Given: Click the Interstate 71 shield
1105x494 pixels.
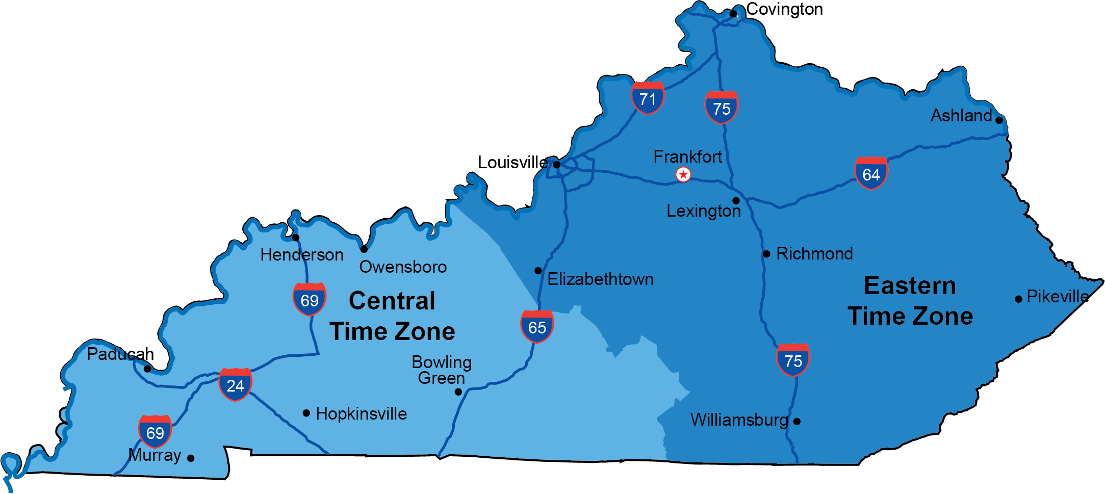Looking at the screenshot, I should tap(648, 98).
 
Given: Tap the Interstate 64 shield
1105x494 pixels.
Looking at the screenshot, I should tap(871, 173).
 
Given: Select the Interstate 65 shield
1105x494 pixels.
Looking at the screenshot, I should tap(537, 326).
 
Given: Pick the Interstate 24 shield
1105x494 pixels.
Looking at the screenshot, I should tap(235, 384).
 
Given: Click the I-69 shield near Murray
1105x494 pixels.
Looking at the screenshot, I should tap(155, 432).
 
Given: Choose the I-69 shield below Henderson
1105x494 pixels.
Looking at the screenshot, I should tap(310, 299).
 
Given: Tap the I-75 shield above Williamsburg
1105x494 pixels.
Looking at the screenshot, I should tap(793, 360).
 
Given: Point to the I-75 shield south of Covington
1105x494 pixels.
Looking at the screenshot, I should tap(722, 108).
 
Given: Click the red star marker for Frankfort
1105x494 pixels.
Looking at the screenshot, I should tap(683, 175).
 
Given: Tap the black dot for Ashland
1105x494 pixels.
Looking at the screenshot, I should tap(999, 120).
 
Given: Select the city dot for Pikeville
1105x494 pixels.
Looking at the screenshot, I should tap(1018, 299).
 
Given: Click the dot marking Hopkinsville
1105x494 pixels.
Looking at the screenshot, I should tap(306, 413).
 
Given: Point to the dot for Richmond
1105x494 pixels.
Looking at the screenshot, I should tap(766, 254).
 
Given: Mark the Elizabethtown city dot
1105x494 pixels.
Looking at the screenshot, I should tap(538, 271).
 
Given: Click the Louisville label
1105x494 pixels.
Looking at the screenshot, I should tap(512, 163).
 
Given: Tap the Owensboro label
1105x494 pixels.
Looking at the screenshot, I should tap(403, 267).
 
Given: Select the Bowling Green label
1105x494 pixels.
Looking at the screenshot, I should tap(442, 370).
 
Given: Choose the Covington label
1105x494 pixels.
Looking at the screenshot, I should tap(784, 9).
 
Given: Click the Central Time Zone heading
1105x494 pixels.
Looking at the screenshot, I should tap(392, 316).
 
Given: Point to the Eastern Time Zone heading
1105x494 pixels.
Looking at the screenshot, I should tap(910, 301).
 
